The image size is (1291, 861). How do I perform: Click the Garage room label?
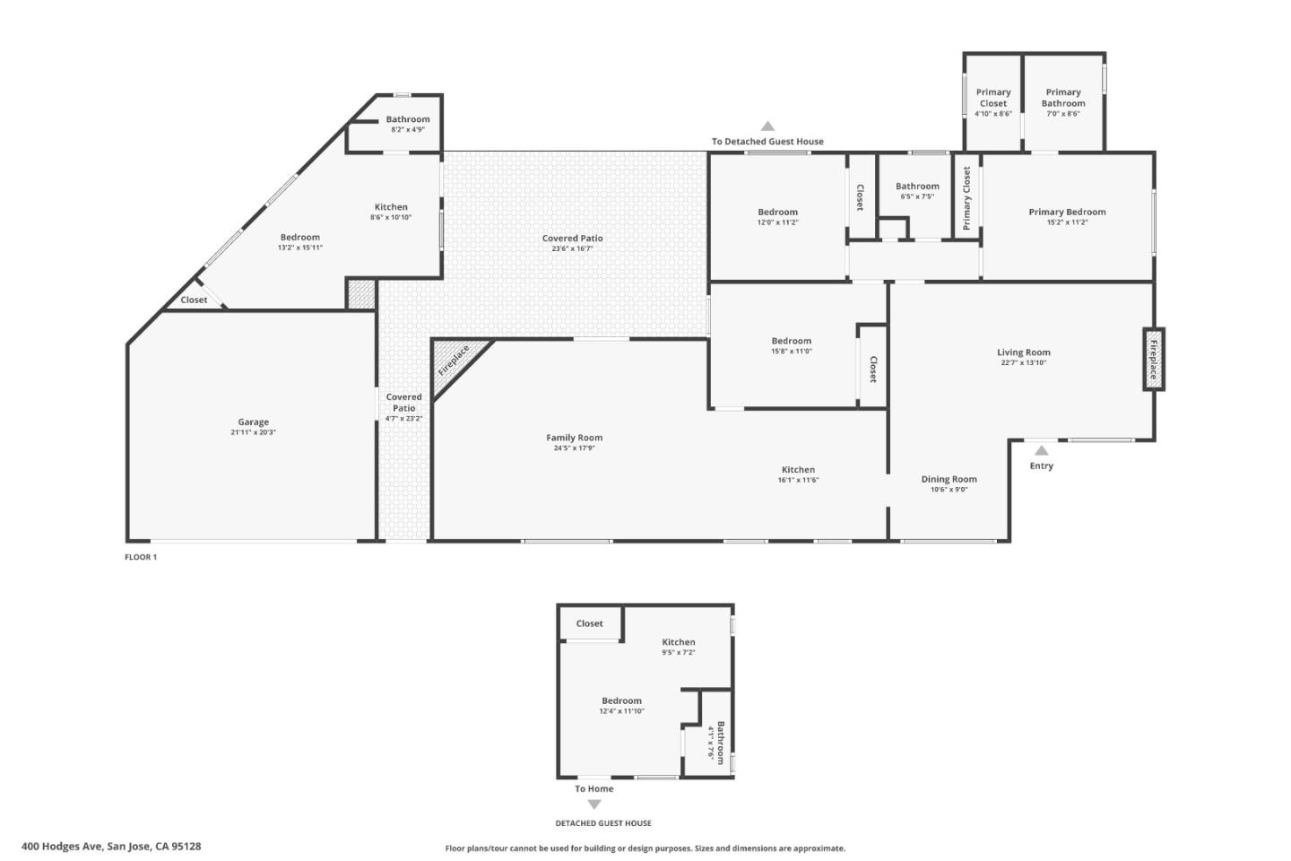253,422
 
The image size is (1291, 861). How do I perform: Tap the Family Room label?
574,438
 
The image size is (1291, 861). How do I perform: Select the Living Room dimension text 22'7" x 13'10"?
1023,363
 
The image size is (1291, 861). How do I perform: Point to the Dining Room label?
949,479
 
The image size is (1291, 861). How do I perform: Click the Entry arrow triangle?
1041,451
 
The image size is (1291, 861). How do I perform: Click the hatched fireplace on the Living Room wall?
1154,359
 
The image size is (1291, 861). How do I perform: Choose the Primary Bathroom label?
1063,98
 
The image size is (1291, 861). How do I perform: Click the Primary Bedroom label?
1067,212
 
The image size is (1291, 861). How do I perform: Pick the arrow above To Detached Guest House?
767,126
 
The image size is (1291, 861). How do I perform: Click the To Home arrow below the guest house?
594,804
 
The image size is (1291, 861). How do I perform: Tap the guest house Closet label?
589,623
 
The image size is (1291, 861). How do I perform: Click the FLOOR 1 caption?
140,557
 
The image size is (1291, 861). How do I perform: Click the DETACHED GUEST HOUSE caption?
603,823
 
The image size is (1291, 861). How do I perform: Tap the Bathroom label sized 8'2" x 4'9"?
408,119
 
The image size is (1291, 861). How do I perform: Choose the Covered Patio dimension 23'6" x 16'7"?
572,248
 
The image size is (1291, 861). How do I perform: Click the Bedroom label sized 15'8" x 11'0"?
792,341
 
